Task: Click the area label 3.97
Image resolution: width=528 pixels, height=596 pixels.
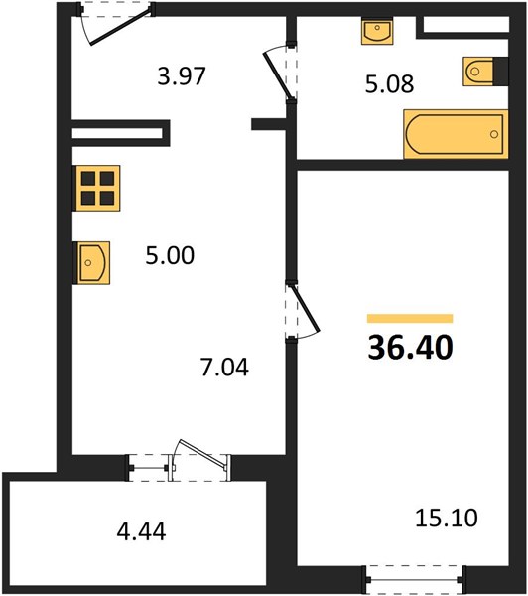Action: click(x=182, y=76)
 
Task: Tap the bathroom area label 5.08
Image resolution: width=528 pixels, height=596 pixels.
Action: click(x=389, y=84)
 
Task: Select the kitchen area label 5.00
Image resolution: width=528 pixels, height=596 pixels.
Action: click(x=170, y=255)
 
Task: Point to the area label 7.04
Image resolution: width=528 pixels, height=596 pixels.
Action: click(x=225, y=368)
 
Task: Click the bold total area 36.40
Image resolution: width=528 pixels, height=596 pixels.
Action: click(x=410, y=348)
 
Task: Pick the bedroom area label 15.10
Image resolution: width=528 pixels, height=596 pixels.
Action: click(x=447, y=518)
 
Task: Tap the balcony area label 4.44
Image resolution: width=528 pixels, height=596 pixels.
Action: click(x=141, y=531)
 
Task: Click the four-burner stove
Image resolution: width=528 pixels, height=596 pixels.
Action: click(x=97, y=188)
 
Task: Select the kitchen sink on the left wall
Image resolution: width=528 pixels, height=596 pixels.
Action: click(x=93, y=263)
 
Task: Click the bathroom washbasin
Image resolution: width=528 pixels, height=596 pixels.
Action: click(x=377, y=31)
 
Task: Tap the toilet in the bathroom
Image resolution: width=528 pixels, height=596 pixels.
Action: click(x=478, y=72)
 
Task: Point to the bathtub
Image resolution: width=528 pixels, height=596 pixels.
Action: click(x=456, y=134)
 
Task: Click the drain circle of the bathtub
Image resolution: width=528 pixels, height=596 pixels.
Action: click(x=494, y=134)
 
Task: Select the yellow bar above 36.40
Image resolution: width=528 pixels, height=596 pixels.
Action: click(x=410, y=319)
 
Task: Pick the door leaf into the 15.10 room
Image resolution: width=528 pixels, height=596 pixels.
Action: click(x=305, y=307)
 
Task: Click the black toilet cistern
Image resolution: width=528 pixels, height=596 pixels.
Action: click(x=501, y=72)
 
